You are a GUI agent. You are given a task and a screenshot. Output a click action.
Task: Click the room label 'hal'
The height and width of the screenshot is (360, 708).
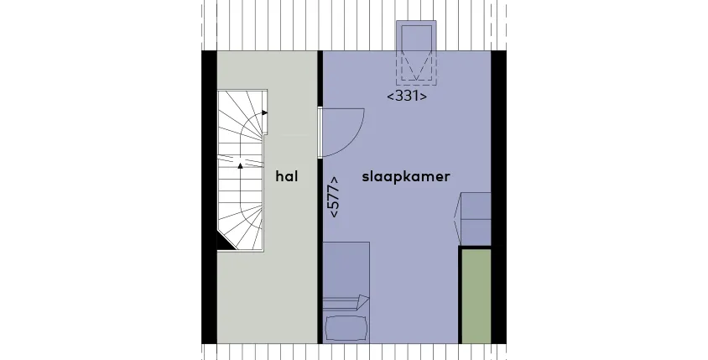[x=287, y=176]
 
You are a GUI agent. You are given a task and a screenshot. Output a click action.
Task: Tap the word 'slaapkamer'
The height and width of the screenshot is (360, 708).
[x=406, y=176]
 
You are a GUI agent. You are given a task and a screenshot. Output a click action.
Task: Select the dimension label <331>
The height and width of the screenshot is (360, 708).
[x=407, y=96]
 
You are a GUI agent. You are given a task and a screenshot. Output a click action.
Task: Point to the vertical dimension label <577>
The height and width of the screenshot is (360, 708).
[x=335, y=196]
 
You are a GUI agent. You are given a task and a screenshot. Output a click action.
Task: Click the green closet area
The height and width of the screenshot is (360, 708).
[x=476, y=296]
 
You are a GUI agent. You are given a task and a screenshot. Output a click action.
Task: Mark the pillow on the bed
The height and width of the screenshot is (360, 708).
[x=346, y=328]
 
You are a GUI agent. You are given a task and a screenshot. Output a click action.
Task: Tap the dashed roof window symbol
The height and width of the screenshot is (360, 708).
[x=416, y=53]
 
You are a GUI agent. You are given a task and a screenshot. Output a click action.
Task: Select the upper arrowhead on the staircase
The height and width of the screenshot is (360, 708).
[x=264, y=113]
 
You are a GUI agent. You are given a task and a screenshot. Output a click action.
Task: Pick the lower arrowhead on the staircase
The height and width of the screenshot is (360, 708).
[x=240, y=166]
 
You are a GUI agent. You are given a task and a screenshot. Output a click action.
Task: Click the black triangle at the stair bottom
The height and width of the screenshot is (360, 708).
[x=225, y=243]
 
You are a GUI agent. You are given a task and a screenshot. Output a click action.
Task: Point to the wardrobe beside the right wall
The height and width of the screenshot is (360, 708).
[x=473, y=219]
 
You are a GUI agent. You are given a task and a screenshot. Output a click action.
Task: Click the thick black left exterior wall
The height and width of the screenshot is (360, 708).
[x=209, y=197]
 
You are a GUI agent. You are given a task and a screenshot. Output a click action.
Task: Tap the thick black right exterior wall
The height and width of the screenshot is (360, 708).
[x=498, y=197]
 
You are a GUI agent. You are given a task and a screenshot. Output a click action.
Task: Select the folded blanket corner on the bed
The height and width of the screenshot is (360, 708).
[x=362, y=302]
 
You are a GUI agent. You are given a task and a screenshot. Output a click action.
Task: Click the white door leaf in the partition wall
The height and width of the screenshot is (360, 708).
[x=320, y=133]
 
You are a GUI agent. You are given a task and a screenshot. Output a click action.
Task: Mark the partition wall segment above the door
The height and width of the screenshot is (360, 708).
[x=320, y=79]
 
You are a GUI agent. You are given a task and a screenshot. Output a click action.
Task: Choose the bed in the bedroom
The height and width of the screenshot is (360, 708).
[x=346, y=293]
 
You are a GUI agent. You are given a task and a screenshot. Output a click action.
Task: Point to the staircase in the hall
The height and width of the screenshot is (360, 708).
[x=241, y=170]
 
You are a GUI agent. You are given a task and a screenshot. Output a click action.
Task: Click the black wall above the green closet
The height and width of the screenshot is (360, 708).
[x=475, y=248]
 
